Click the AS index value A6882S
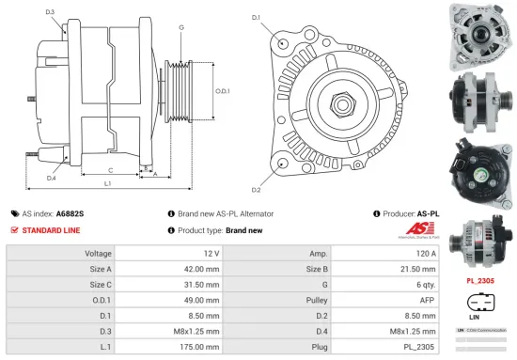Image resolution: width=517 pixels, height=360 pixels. [x=70, y=213]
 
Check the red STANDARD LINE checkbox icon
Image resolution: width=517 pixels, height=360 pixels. [x=14, y=230]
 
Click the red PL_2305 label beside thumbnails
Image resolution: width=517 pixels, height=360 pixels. [x=480, y=280]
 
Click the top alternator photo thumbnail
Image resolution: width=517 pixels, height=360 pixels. [x=480, y=29]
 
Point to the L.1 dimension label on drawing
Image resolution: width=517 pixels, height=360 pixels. [x=107, y=183]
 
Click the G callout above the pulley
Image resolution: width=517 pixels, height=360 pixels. [x=181, y=27]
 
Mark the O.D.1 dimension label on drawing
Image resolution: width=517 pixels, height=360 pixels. [x=223, y=90]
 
